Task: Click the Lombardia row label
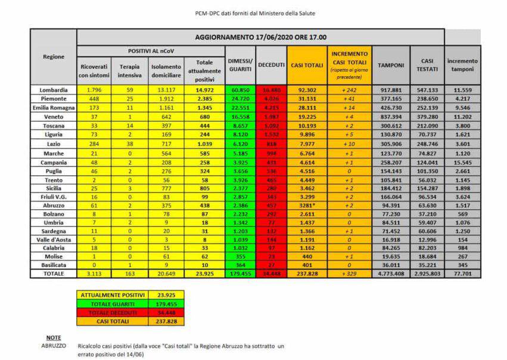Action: (54, 89)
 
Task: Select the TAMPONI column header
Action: (391, 65)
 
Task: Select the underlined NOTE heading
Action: (54, 337)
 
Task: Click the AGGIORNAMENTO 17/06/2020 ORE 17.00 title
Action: (260, 37)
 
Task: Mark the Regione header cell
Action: (54, 57)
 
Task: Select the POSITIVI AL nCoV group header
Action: (151, 51)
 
